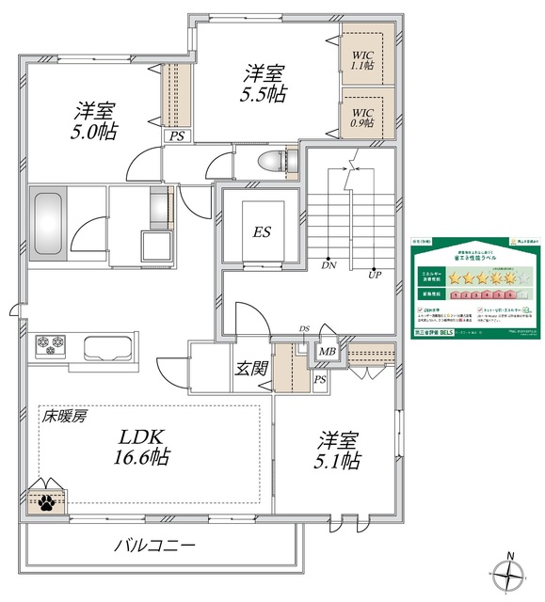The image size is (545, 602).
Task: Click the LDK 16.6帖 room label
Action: point(143,447)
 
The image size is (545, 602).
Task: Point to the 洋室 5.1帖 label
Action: point(337,450)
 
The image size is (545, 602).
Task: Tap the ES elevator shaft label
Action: point(261,231)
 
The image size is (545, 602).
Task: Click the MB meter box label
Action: point(327,353)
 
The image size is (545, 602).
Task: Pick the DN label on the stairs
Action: point(329,265)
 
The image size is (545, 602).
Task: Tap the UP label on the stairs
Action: point(374,276)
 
